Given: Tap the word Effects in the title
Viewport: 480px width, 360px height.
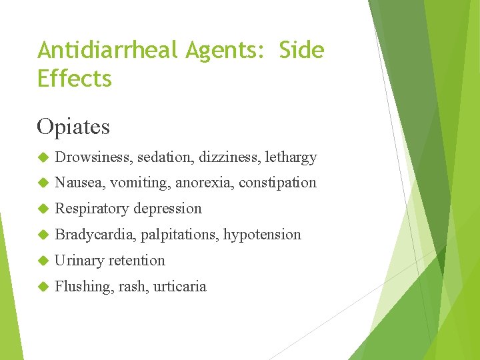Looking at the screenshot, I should (75, 79).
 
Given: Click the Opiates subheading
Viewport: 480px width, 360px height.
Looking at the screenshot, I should (73, 126).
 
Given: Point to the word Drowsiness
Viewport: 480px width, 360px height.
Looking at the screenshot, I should (93, 157).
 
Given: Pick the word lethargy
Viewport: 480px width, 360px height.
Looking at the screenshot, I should (291, 157).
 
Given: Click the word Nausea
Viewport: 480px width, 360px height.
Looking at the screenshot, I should (80, 183).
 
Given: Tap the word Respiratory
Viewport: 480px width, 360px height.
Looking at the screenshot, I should (92, 209).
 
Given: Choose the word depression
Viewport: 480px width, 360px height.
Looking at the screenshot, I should (167, 209).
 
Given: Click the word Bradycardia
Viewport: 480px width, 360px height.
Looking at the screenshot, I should (95, 235).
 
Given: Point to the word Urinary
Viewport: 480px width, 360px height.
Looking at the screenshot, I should (79, 261).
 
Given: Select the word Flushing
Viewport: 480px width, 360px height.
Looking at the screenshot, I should (84, 287).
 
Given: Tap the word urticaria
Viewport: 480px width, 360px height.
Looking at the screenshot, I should (180, 287).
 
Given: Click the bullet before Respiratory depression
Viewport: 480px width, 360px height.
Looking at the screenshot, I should (43, 209).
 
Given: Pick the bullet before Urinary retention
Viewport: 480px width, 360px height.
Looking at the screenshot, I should (43, 261).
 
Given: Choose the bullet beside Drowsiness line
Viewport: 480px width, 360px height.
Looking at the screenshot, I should (43, 157).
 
